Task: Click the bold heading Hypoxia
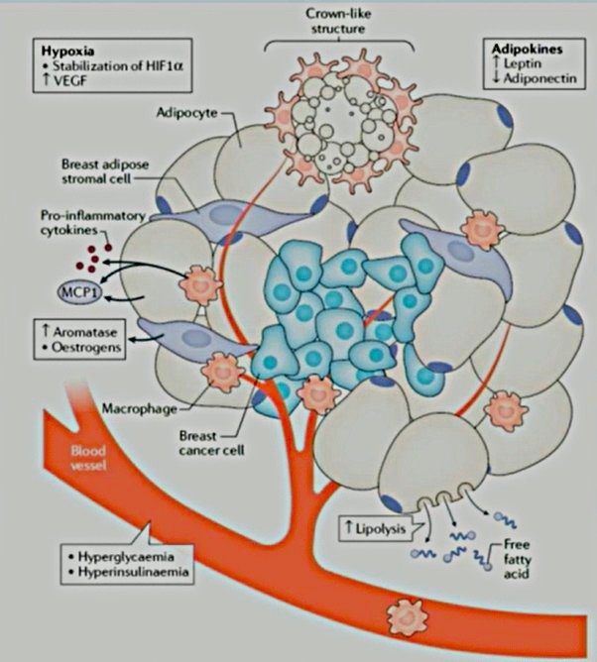(64, 48)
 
